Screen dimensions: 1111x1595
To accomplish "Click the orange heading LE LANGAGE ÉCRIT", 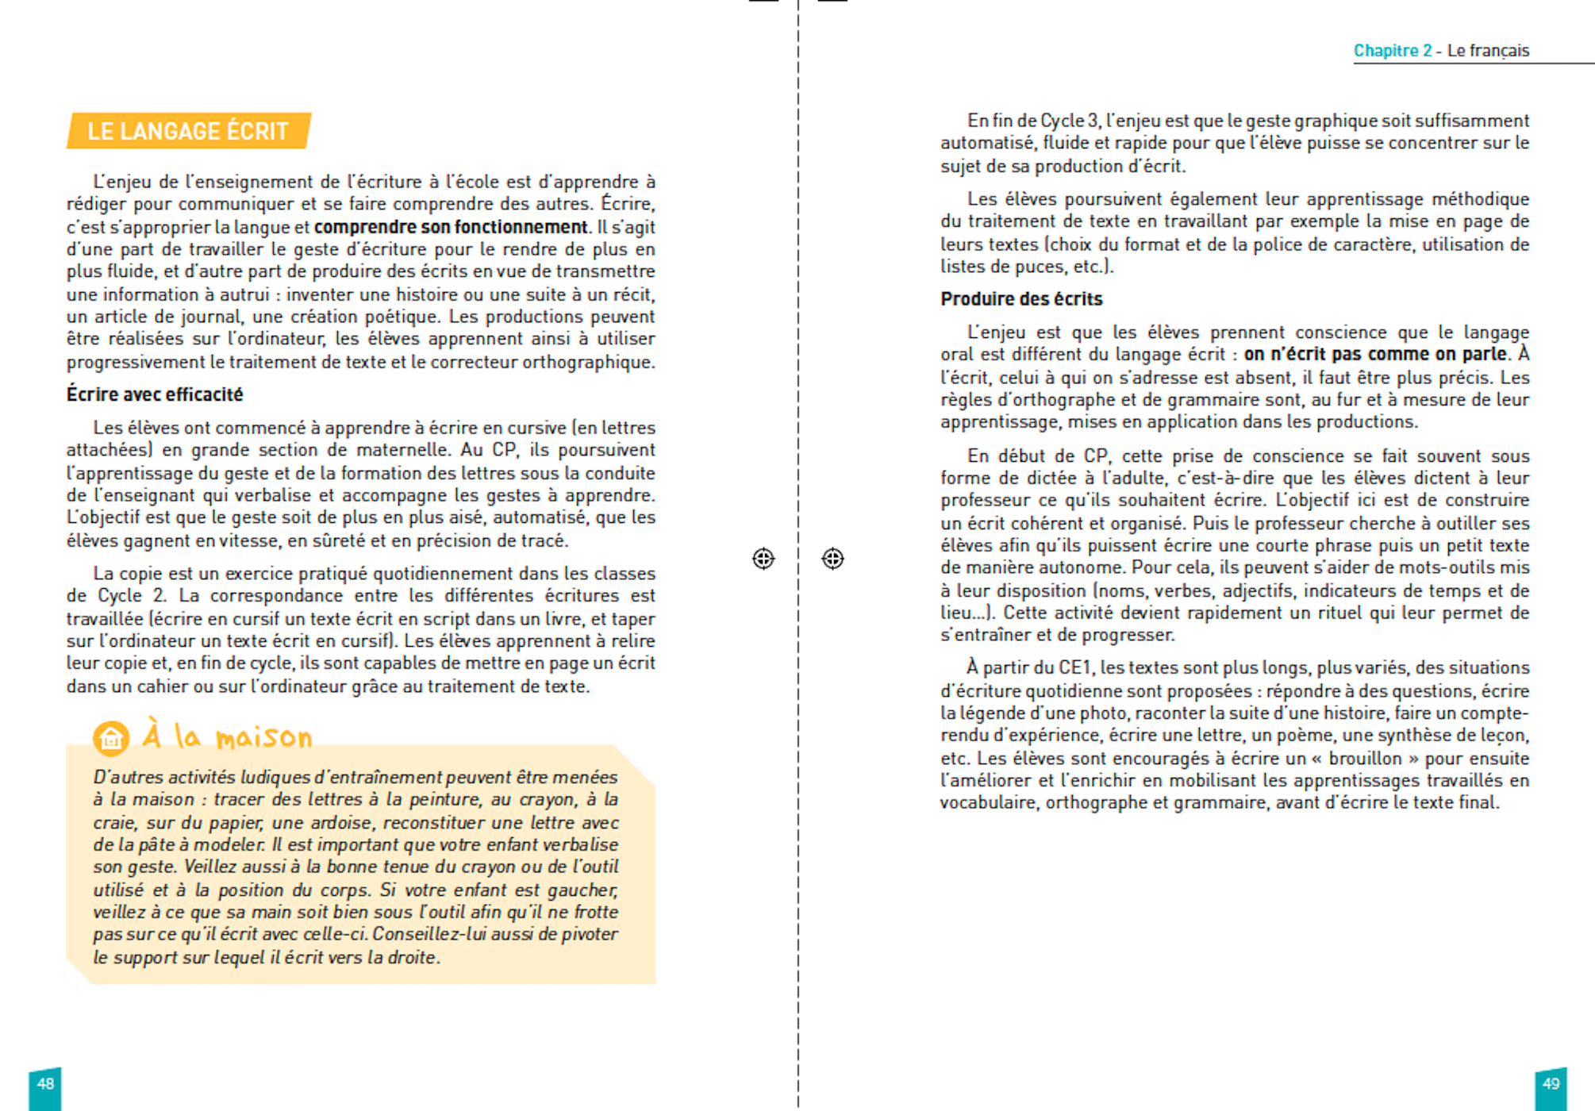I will pyautogui.click(x=187, y=131).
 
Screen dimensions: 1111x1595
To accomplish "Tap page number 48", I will pyautogui.click(x=45, y=1084).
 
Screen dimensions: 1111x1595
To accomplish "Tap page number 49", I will pyautogui.click(x=1551, y=1084).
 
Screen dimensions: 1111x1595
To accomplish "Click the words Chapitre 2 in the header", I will pyautogui.click(x=1392, y=51).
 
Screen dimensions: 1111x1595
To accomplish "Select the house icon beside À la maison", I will pyautogui.click(x=111, y=738).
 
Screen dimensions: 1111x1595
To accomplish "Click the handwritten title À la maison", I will pyautogui.click(x=228, y=736).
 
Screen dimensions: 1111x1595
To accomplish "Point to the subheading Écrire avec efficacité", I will pyautogui.click(x=155, y=394).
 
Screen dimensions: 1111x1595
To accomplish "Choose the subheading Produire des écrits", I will pyautogui.click(x=1021, y=299).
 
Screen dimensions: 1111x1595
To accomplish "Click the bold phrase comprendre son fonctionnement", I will pyautogui.click(x=450, y=227).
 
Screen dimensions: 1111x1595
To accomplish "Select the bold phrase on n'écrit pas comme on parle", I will pyautogui.click(x=1374, y=354).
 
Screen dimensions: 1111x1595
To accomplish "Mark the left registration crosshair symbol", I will pyautogui.click(x=763, y=559).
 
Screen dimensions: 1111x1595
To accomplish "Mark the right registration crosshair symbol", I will pyautogui.click(x=832, y=559).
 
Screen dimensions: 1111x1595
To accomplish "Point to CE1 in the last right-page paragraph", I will pyautogui.click(x=1076, y=667).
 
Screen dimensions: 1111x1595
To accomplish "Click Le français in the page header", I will pyautogui.click(x=1488, y=51).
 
